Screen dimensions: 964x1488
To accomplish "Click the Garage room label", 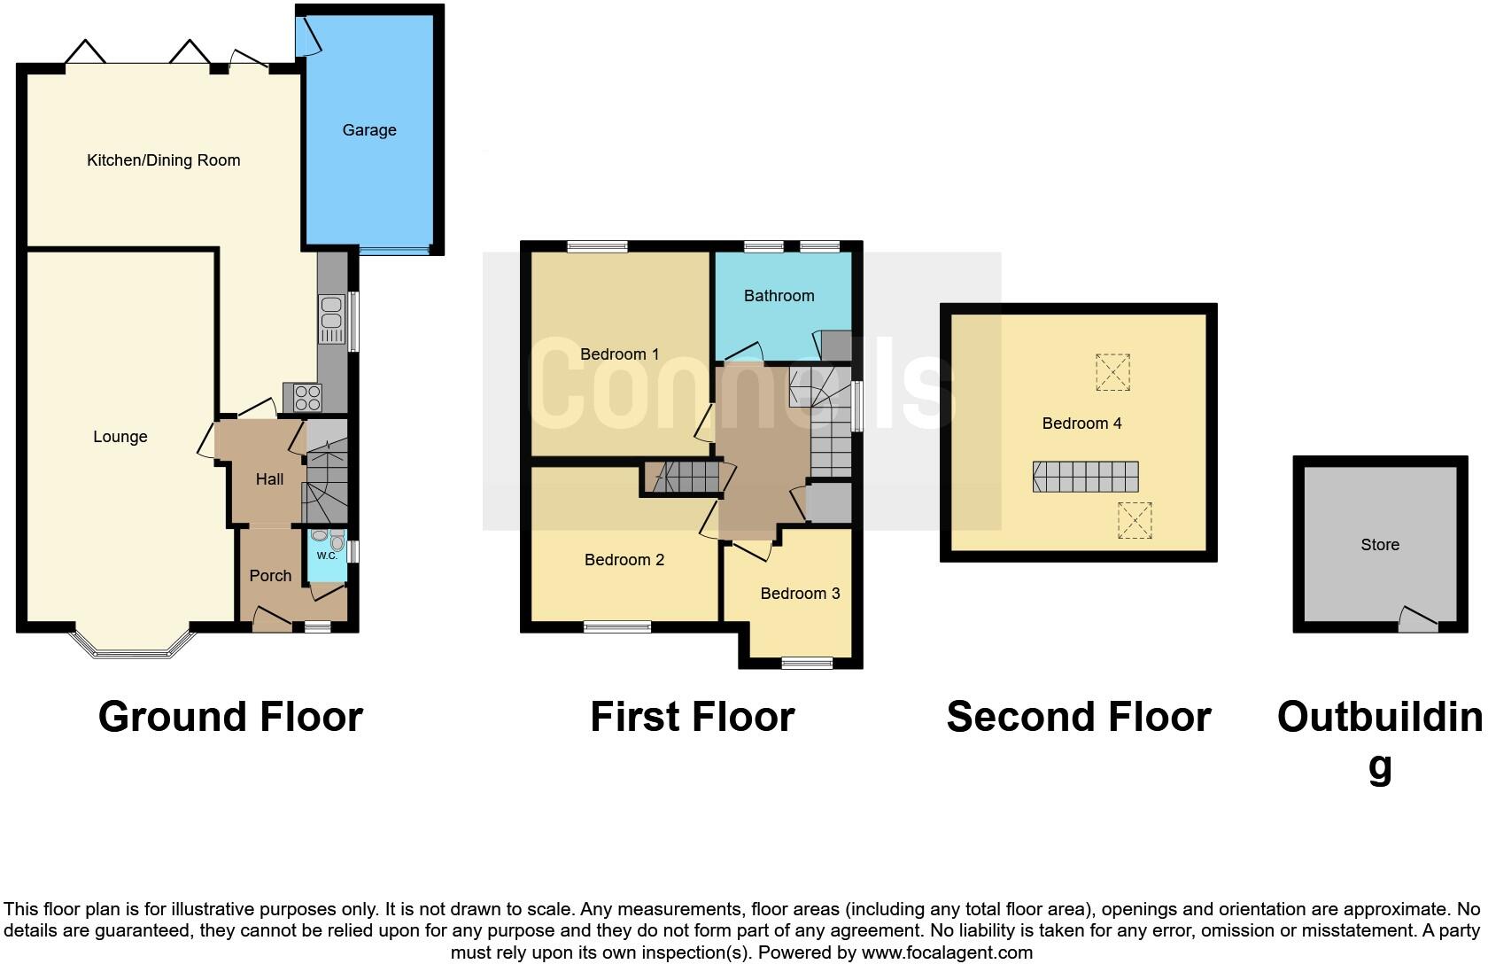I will tap(369, 130).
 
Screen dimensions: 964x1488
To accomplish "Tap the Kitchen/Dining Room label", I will tap(164, 160).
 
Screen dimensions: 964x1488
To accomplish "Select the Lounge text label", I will tap(120, 437).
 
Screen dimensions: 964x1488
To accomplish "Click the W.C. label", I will tap(327, 556).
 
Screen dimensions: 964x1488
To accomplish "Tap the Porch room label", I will tap(270, 576).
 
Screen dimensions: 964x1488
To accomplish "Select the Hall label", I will tap(269, 479).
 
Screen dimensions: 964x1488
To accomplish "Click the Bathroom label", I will tap(779, 296).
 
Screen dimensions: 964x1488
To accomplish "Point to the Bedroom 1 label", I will tap(619, 354).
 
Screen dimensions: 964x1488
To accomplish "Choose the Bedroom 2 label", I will tap(624, 560).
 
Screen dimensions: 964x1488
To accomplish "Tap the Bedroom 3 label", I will tap(800, 594).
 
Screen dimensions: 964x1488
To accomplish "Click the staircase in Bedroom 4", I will tap(1085, 477).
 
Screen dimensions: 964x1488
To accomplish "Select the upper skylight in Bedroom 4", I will tap(1112, 372).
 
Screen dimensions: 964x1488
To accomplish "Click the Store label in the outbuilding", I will tap(1380, 545).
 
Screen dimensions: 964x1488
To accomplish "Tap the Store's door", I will tap(1418, 619).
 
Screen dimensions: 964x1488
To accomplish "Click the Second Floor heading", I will tap(1078, 717).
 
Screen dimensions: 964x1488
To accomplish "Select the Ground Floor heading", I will tap(230, 717).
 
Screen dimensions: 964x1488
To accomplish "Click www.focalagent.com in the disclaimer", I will tap(947, 953).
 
